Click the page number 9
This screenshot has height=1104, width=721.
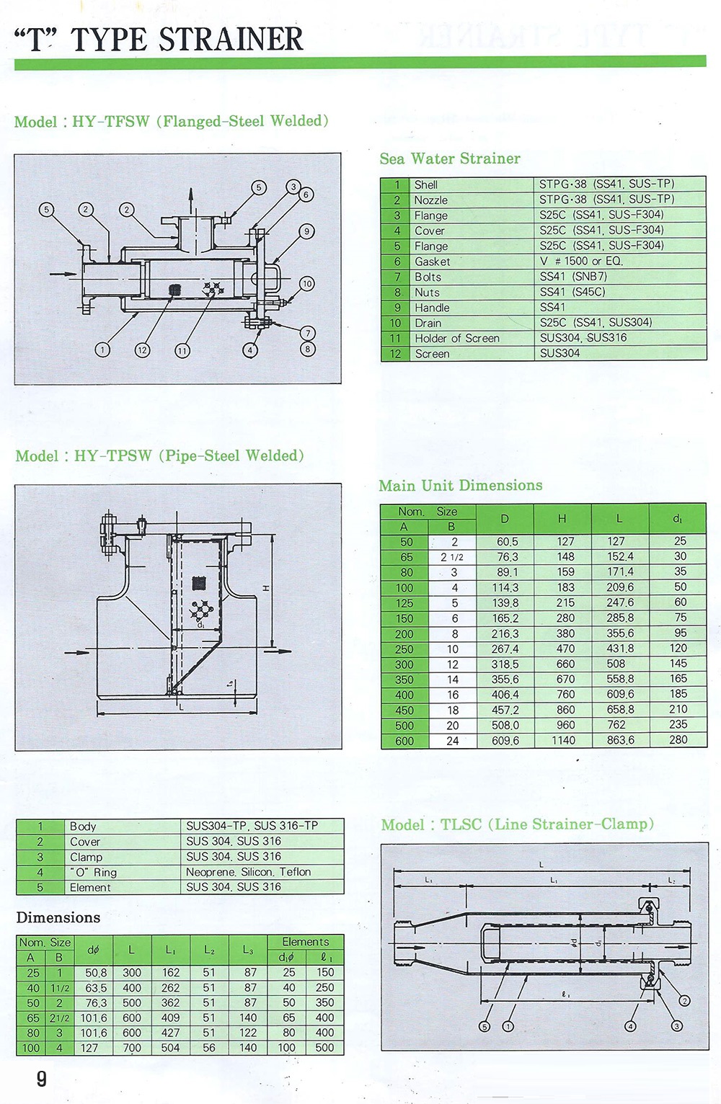(41, 1079)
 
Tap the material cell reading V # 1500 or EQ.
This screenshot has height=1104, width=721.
(581, 261)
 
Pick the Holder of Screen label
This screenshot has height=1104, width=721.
(456, 338)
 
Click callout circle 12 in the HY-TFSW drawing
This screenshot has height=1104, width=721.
(143, 350)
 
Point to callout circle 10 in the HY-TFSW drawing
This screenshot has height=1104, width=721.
(307, 284)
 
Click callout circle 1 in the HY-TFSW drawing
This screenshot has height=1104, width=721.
(103, 350)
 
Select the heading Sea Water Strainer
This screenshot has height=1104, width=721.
(450, 159)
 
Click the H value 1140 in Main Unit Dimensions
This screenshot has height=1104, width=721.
(564, 740)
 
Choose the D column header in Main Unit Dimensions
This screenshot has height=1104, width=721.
(505, 519)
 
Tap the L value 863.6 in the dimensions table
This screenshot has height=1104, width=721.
(620, 740)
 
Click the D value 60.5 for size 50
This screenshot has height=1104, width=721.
(507, 541)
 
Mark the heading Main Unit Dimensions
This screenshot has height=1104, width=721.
(461, 486)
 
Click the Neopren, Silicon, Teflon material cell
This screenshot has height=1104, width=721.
(248, 872)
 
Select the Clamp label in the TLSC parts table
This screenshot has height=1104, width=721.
(86, 857)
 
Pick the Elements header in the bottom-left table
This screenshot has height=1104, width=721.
(305, 942)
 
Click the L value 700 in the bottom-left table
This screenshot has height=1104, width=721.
(132, 1048)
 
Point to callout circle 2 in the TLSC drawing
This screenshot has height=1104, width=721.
(685, 1000)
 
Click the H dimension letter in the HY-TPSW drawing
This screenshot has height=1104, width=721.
(265, 589)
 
